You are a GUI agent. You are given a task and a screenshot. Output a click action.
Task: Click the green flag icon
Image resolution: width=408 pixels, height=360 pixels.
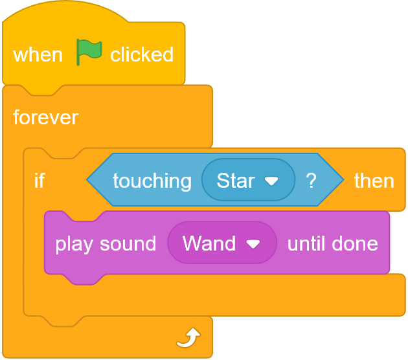tap(89, 52)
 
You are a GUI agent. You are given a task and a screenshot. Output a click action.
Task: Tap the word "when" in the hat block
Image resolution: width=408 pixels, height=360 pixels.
tap(38, 55)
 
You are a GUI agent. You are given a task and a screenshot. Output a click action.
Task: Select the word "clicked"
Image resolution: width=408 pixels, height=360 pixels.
tap(142, 54)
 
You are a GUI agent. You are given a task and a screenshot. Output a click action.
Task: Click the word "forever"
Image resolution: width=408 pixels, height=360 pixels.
tap(45, 117)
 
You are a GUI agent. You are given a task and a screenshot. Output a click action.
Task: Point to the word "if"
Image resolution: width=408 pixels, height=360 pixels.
tap(40, 180)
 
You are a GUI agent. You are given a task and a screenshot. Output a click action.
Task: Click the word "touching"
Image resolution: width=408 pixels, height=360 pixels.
tap(152, 181)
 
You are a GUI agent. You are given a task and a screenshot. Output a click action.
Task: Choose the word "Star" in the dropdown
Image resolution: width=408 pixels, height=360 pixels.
tap(236, 181)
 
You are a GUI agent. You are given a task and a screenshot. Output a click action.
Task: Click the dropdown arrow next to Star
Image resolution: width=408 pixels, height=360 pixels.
tap(271, 181)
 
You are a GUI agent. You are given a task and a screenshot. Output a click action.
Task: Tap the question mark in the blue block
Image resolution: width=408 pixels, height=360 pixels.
tap(311, 181)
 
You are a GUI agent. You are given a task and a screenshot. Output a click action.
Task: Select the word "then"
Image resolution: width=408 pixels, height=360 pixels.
tap(374, 181)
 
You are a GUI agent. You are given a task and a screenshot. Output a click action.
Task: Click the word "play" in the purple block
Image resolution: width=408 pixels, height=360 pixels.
tap(74, 245)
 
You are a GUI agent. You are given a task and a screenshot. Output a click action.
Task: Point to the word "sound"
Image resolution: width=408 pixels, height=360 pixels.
tap(128, 244)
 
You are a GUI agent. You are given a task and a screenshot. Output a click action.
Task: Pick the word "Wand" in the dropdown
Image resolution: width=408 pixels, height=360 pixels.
tap(209, 243)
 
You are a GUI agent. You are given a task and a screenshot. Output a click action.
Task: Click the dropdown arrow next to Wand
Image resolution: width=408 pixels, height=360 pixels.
tap(253, 244)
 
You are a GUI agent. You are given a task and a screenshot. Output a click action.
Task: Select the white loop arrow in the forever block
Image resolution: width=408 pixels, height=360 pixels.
tap(189, 337)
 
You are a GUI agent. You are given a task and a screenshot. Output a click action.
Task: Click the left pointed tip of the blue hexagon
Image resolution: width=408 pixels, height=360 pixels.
tap(87, 179)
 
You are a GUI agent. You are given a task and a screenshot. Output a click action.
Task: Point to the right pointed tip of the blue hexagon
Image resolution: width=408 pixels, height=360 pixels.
tap(344, 179)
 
